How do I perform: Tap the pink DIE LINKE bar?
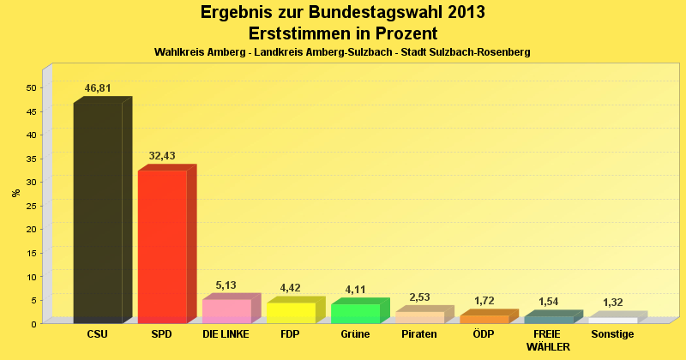click(226, 311)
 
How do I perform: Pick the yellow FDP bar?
click(291, 313)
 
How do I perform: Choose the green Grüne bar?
click(355, 314)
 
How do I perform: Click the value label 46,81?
click(98, 88)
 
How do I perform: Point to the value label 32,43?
click(162, 156)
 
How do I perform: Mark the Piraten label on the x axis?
click(419, 334)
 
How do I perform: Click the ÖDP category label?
click(484, 334)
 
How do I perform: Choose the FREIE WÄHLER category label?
click(548, 340)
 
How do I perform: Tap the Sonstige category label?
click(612, 334)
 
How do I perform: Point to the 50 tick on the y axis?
click(31, 87)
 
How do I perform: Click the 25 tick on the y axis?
click(31, 206)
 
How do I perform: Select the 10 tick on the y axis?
click(31, 276)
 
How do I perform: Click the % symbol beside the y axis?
click(15, 193)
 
